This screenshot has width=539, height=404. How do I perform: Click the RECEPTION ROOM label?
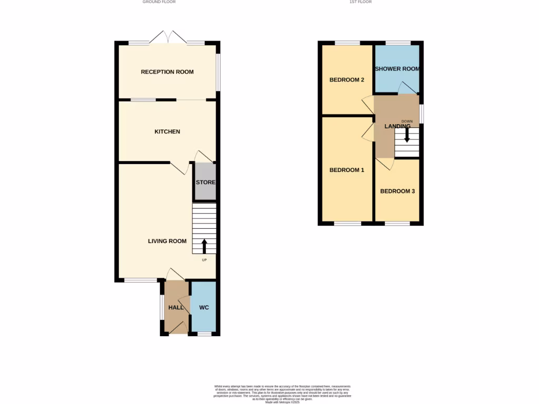pos(167,72)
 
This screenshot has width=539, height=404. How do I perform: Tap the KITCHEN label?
pos(167,132)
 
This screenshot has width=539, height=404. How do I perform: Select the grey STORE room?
pos(205,182)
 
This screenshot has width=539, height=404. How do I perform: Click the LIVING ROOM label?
pos(167,241)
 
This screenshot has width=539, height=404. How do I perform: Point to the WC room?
pos(204,307)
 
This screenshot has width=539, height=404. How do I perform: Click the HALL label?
pos(176,307)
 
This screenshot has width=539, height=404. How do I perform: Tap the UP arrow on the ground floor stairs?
pos(204,246)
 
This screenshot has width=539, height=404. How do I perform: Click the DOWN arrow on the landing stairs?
pos(406,135)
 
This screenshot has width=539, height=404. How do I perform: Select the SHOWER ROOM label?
pos(396,69)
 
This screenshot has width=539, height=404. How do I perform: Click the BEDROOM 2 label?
pos(347,80)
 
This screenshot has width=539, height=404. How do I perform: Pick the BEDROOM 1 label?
pos(347,170)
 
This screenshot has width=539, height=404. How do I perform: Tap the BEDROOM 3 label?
pos(397,191)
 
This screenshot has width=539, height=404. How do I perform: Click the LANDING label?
pos(397,126)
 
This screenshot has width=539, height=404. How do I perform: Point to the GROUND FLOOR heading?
pos(159,2)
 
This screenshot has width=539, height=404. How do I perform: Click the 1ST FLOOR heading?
pos(361,2)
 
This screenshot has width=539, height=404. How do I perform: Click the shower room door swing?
pos(406,88)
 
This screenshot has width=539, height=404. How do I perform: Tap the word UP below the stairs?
pos(204,260)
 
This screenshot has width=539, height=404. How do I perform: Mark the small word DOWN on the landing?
pos(407,122)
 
